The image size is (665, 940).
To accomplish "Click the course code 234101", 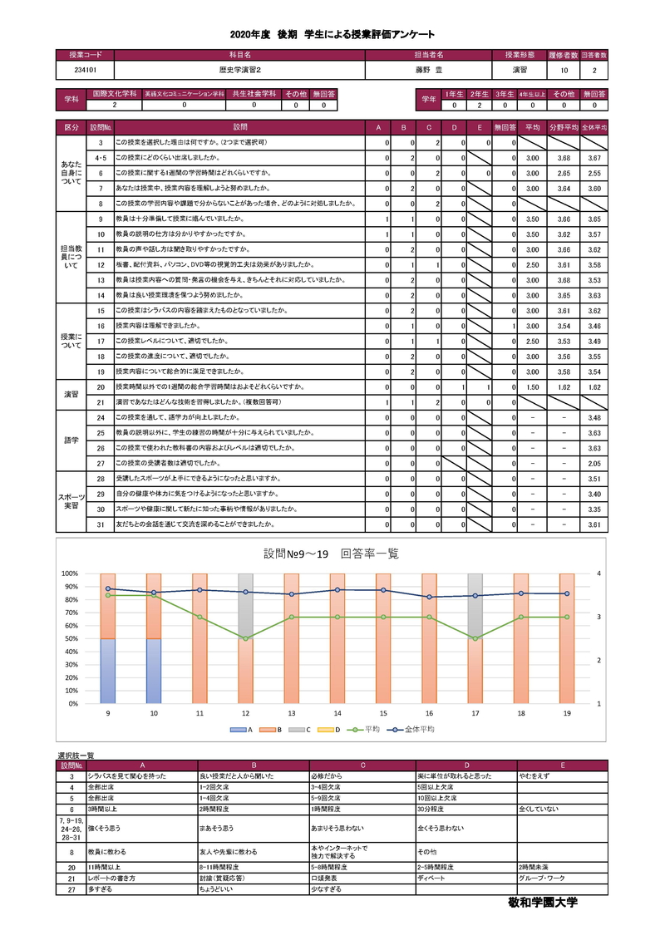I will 83,71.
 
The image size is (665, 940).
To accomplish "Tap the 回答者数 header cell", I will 594,54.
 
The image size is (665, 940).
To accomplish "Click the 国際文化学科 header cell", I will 114,95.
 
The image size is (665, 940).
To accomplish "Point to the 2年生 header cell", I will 479,95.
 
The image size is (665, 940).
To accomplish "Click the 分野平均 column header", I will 564,128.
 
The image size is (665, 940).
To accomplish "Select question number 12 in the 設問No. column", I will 100,264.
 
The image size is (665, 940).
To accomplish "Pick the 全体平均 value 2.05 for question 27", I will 594,463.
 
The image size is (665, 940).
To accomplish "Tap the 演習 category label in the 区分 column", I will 71,395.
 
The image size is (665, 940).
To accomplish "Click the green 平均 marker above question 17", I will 475,638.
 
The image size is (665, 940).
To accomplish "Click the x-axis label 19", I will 567,713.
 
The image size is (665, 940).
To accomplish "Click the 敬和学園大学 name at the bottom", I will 541,902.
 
